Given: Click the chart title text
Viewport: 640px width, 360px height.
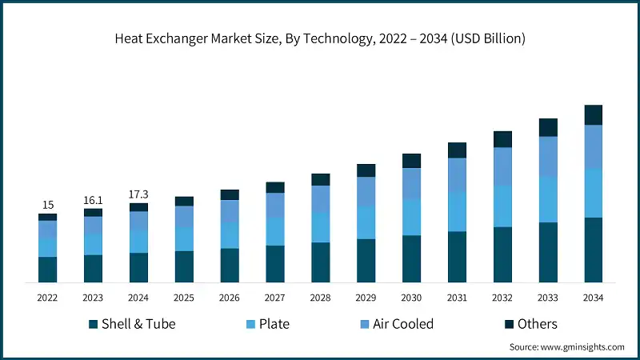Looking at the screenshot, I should click(320, 38).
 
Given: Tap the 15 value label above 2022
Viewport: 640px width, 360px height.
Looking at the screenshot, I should click(48, 205).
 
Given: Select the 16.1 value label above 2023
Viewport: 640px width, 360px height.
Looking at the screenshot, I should click(94, 200).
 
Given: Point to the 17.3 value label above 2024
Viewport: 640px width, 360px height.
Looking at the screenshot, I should click(139, 194).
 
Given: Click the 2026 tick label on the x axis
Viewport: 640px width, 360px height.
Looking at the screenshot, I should click(230, 298).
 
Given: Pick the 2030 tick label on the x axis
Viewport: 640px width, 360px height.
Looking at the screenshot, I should click(411, 298).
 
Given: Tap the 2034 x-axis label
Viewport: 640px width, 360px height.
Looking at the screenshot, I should click(593, 298).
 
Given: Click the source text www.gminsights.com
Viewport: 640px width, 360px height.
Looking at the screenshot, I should click(566, 347).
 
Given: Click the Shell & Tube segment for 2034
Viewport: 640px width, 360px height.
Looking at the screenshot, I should click(593, 250).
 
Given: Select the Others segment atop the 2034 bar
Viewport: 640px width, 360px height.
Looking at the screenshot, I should click(593, 115).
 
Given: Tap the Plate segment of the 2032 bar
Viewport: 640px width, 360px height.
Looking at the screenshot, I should click(502, 206).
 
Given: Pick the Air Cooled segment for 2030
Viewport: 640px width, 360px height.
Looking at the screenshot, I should click(411, 184).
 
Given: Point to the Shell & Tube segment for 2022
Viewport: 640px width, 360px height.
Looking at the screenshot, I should click(48, 270).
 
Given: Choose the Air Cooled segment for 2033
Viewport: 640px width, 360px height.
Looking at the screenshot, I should click(548, 157).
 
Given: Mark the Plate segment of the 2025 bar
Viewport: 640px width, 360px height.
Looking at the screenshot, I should click(184, 239).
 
